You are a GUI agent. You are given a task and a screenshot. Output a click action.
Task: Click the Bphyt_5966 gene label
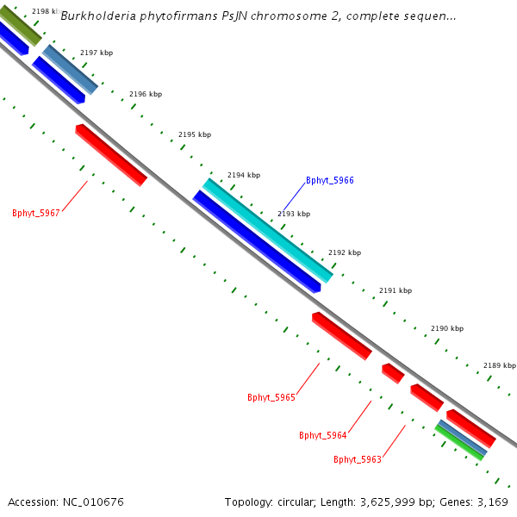330,181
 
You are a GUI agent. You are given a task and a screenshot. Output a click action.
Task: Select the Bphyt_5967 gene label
36,213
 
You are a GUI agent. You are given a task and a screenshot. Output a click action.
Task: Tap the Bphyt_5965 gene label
271,397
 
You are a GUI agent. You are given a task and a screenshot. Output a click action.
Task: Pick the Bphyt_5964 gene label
323,435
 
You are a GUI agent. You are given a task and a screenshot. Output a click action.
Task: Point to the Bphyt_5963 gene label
358,459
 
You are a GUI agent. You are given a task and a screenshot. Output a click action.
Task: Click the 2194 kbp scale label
244,176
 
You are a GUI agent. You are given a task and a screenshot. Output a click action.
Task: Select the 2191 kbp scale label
396,291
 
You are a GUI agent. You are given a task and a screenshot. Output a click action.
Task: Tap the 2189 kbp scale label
499,365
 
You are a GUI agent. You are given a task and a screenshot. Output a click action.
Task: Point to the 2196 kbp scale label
146,95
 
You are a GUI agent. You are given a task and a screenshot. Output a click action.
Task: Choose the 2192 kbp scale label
345,253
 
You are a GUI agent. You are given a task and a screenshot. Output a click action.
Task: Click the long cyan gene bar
267,230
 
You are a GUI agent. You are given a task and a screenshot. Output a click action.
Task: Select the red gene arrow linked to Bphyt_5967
111,154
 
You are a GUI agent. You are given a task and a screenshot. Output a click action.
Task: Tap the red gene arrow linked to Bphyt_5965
341,335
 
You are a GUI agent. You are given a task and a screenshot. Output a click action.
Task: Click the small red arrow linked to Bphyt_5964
393,373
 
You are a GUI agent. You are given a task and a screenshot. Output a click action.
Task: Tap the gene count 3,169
492,501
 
